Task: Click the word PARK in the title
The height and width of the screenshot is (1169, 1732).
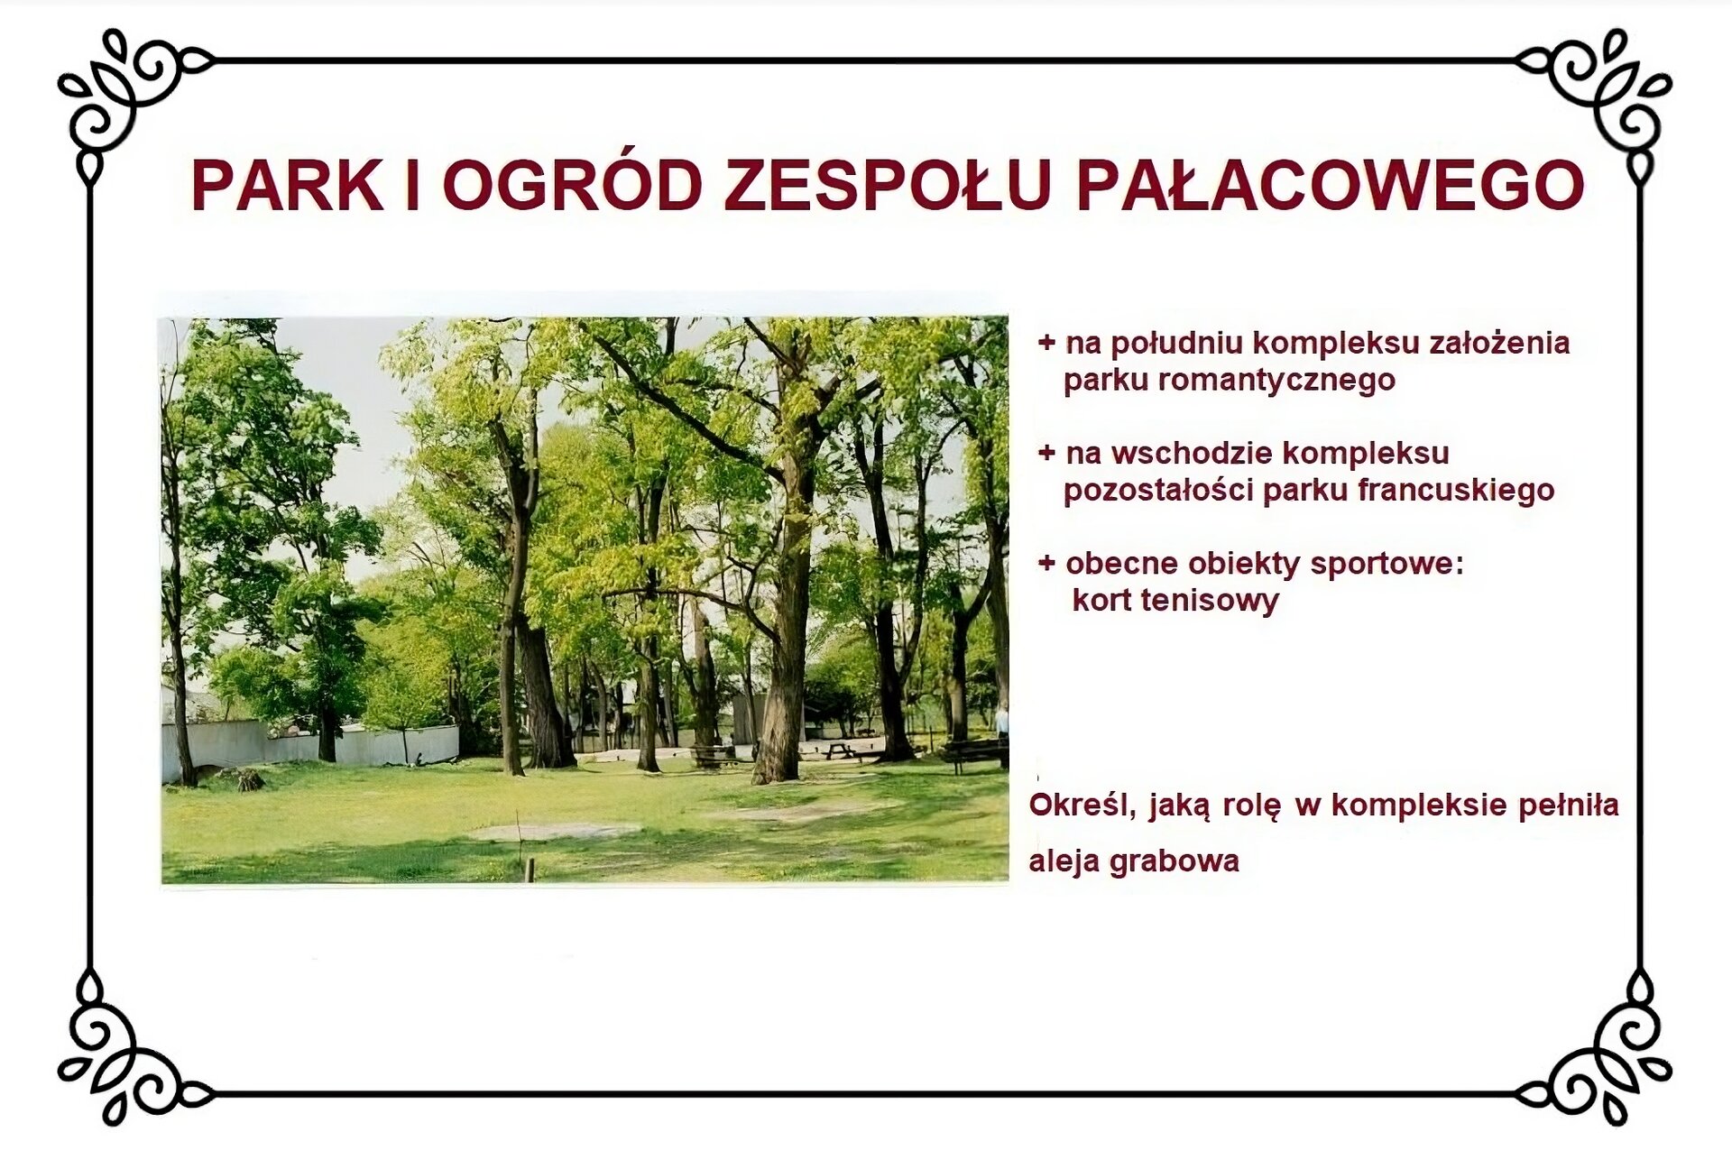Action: pyautogui.click(x=287, y=186)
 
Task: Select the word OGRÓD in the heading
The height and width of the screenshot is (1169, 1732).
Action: pyautogui.click(x=572, y=186)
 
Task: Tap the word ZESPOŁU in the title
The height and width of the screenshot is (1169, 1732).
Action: pyautogui.click(x=888, y=186)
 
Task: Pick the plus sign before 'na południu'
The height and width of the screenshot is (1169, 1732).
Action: pyautogui.click(x=1046, y=343)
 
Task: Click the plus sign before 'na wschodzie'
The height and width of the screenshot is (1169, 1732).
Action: pyautogui.click(x=1046, y=453)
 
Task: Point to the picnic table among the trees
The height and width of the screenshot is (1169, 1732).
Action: pyautogui.click(x=839, y=750)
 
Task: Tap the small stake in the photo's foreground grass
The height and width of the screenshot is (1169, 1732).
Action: pyautogui.click(x=530, y=870)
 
